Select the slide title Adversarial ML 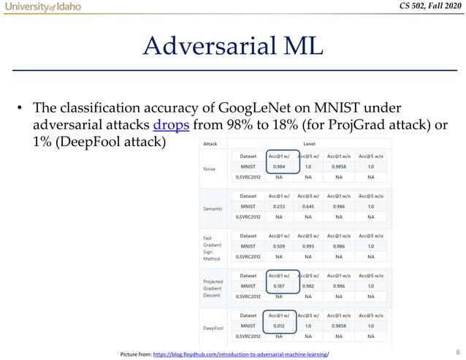coord(233,46)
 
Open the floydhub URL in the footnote coord(241,353)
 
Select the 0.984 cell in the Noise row coord(279,166)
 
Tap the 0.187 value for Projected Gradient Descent coord(279,286)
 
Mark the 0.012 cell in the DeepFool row coord(279,325)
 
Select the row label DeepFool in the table coord(214,326)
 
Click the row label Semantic coord(213,208)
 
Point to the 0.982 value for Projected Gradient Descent coord(308,286)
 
